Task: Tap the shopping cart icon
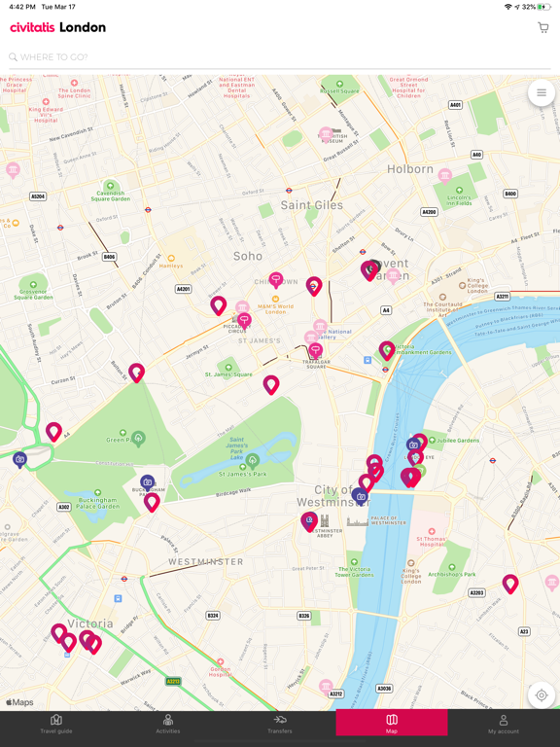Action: [x=542, y=28]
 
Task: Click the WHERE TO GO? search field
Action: [x=272, y=57]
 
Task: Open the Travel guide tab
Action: [x=56, y=724]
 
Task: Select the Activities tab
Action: [x=168, y=724]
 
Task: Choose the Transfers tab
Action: [x=280, y=724]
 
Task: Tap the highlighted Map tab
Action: [x=392, y=724]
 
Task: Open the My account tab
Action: [x=503, y=724]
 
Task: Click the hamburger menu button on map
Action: [x=542, y=93]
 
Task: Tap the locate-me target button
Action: [x=542, y=694]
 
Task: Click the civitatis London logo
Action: [x=58, y=28]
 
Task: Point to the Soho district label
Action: [x=248, y=257]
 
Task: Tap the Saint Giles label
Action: [x=311, y=205]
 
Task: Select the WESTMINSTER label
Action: [x=206, y=562]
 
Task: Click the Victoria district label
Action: [x=89, y=623]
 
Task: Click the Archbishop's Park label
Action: [x=450, y=574]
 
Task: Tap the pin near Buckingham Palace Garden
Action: [x=152, y=502]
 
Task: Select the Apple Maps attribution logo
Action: [x=19, y=702]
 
